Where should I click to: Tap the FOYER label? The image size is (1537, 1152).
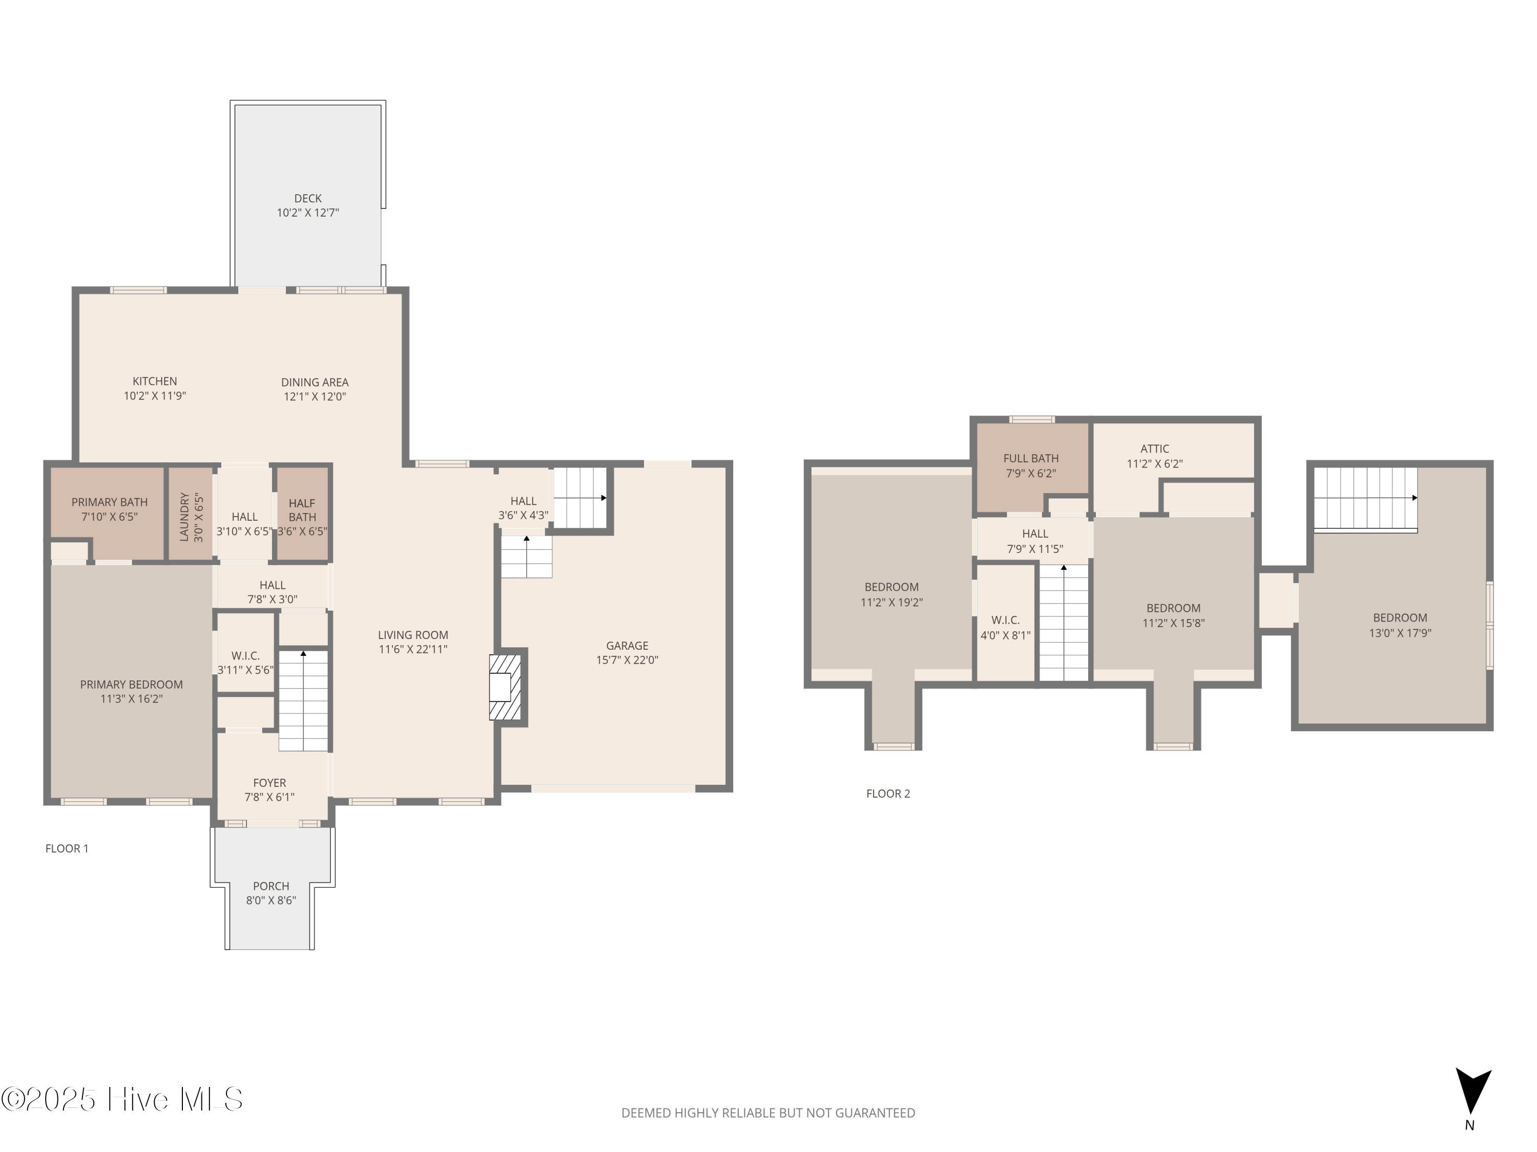point(269,782)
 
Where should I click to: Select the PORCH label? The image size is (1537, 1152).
point(271,886)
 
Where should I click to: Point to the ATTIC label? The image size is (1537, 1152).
point(1154,449)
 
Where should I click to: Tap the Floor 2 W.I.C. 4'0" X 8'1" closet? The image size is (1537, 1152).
point(1005,627)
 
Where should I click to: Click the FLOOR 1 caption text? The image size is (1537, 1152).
point(67,848)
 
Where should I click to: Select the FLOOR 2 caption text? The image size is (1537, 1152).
point(887,794)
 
